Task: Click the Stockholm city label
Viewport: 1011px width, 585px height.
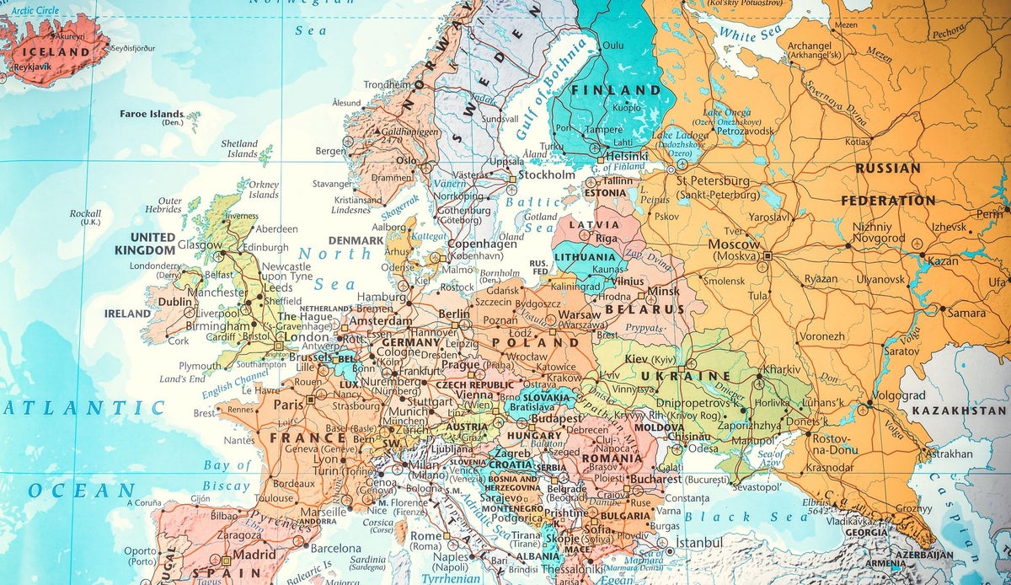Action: point(546,175)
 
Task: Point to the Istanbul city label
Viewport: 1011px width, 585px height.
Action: point(698,542)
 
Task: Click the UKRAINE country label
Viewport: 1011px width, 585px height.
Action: point(684,375)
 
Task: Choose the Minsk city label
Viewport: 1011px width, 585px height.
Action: point(663,292)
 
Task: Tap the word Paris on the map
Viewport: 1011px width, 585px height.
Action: point(287,404)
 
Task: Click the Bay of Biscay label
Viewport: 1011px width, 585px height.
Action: point(227,475)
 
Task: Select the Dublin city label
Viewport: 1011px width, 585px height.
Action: point(175,302)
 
